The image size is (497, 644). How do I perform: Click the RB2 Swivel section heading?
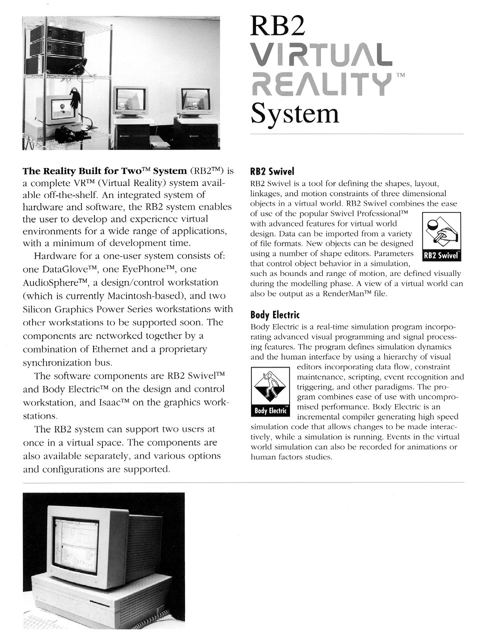272,171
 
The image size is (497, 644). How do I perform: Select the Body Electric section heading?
274,315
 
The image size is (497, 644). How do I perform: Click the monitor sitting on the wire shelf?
57,109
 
